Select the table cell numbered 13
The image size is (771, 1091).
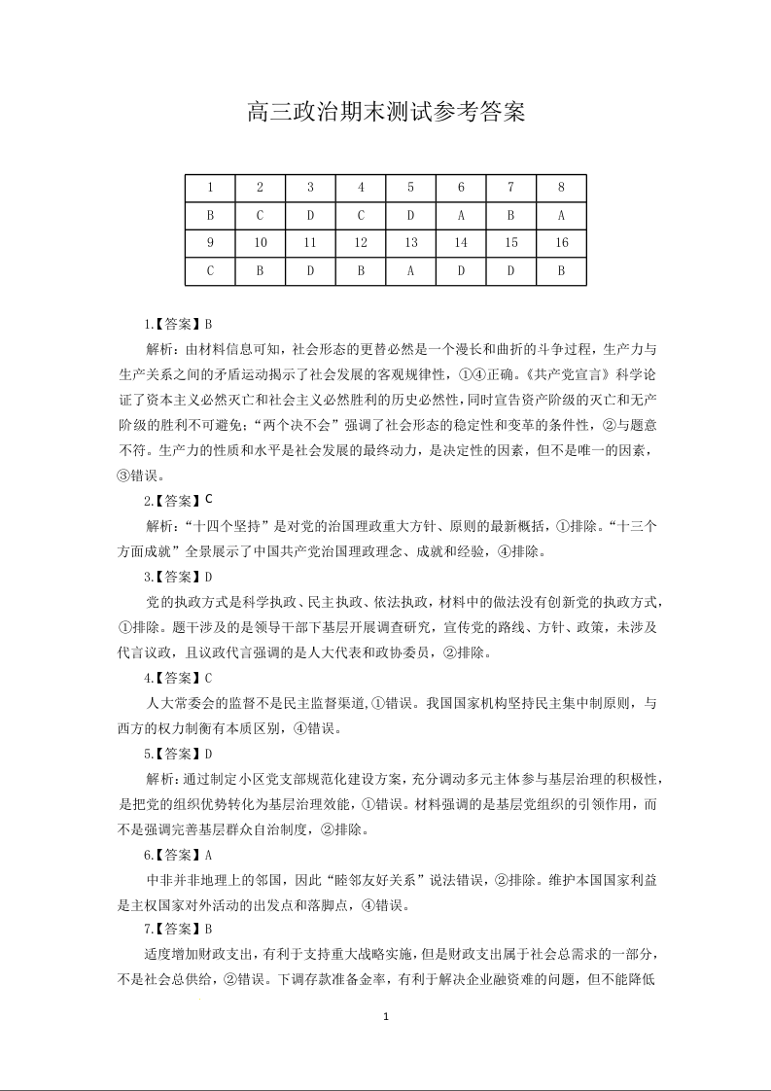pos(411,243)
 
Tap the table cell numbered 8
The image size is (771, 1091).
pos(561,188)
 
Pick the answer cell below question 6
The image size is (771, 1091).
pos(461,216)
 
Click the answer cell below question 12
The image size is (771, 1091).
pos(361,270)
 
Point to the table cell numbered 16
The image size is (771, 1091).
pos(561,243)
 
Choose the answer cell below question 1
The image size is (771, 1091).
pos(210,216)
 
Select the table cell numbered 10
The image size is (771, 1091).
pos(261,243)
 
